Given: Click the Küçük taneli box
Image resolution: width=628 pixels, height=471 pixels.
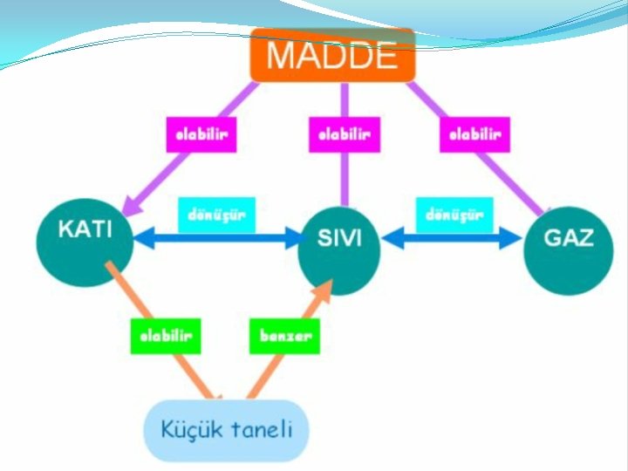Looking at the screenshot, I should click(x=226, y=430).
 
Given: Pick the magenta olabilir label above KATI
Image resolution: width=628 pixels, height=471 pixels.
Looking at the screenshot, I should click(x=201, y=134).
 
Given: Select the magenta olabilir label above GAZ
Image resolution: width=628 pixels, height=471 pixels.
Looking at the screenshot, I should click(x=474, y=134).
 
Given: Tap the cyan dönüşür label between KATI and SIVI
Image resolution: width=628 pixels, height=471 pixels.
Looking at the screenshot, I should click(x=217, y=215).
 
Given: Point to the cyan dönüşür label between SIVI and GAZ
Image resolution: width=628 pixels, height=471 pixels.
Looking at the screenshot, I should click(x=454, y=215).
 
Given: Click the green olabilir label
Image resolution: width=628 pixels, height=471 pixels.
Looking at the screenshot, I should click(x=166, y=336).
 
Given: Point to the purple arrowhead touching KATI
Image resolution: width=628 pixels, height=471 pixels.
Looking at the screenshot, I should click(x=132, y=206).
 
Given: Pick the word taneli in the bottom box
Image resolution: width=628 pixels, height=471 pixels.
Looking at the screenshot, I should click(x=263, y=429).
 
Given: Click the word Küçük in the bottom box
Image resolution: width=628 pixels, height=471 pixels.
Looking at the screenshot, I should click(x=189, y=429).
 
